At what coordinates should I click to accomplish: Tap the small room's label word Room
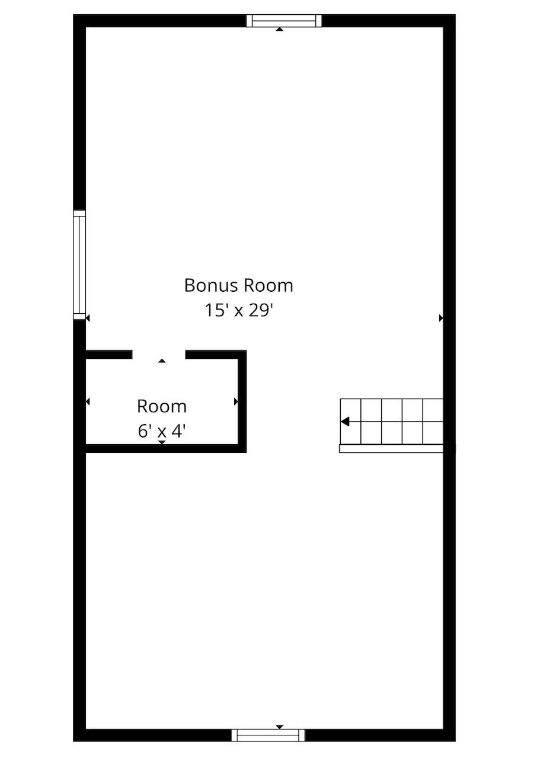pos(162,406)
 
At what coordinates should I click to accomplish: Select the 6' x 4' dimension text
pos(162,431)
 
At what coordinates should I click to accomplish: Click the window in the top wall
pos(284,21)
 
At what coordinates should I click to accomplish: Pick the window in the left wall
pos(79,265)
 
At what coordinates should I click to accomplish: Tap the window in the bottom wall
pos(268,735)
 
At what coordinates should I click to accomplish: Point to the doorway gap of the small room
pos(159,355)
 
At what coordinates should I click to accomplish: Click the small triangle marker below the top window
pos(279,29)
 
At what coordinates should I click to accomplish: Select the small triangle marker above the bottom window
pos(280,727)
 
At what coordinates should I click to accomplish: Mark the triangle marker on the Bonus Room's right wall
pos(440,318)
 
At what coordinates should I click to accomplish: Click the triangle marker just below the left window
pos(88,318)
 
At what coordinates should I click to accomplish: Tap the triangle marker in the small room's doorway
pos(162,361)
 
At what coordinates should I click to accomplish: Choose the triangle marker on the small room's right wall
pos(236,402)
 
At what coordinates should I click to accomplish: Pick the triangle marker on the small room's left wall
pos(88,402)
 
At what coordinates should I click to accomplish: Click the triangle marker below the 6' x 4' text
pos(162,442)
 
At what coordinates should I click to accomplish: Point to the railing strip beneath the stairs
pos(391,449)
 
